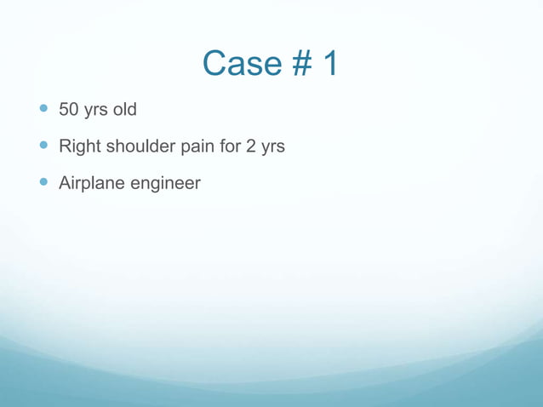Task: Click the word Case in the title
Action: click(x=243, y=64)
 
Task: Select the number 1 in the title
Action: click(x=329, y=64)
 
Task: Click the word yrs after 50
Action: click(x=95, y=111)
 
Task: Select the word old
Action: click(x=124, y=110)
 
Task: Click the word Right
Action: click(x=79, y=146)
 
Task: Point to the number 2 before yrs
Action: click(x=251, y=146)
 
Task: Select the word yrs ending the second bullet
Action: click(x=272, y=147)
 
